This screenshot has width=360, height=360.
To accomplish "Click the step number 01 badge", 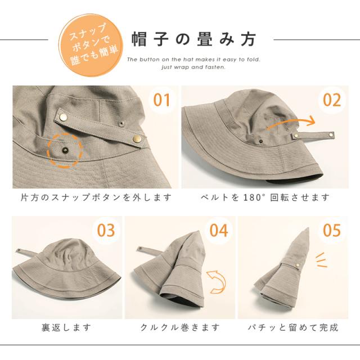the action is coord(162,100).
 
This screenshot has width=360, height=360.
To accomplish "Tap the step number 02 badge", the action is coord(331,100).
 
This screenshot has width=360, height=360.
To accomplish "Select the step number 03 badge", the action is coord(106,230).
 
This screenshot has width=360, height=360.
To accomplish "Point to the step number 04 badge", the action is coord(218,230).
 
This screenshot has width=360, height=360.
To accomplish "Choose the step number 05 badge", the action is coord(331,230).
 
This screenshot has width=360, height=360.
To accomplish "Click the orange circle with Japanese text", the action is coord(91,45).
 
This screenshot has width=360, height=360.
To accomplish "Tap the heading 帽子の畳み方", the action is coord(194,39).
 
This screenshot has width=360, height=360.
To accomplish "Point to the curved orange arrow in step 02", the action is coord(291,121).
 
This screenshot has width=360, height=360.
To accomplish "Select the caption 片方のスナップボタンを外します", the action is coord(96,197).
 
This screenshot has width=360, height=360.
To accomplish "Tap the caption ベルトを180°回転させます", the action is coord(265,197).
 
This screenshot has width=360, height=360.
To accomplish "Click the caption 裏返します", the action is coord(66,327).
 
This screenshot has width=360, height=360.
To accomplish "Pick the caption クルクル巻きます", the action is coord(180,327).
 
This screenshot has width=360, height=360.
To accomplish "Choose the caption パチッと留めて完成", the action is coord(293,327).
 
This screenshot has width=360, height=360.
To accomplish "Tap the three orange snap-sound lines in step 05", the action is coord(321,260).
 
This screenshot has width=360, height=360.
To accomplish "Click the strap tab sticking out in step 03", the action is coord(25,251).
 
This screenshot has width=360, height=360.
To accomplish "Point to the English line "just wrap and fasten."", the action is coord(193,67).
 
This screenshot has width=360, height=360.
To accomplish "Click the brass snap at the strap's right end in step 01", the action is coord(137,138).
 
